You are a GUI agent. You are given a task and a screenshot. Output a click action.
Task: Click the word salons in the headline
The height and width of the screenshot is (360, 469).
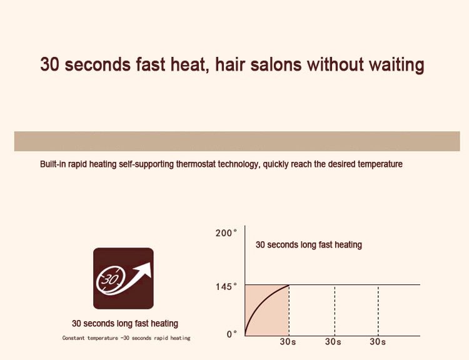coord(276,64)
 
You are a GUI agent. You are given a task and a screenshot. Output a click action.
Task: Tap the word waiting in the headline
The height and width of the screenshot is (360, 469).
coord(396,66)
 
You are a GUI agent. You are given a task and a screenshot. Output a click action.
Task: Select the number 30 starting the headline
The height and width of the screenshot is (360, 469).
coord(49,64)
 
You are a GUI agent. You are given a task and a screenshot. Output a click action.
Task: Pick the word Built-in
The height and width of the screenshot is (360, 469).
coord(53,164)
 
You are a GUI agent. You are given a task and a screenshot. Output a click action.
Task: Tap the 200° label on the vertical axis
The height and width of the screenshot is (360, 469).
coord(226,233)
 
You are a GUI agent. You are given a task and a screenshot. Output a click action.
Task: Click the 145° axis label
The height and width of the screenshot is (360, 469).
coord(226,287)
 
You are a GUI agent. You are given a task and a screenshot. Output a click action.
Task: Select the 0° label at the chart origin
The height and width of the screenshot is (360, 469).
coord(232,334)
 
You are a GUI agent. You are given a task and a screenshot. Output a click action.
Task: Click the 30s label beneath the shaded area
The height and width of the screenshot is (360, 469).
coord(288,341)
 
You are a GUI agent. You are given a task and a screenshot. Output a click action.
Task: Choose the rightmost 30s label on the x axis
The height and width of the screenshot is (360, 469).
coord(378,341)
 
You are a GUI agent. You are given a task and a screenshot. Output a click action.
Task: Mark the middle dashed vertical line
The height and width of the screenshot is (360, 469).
coord(335,311)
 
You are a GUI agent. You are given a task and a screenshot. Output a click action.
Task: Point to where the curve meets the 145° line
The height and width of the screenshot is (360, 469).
coord(290,285)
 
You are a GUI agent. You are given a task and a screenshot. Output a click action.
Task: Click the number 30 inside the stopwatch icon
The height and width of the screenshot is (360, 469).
coord(109,279)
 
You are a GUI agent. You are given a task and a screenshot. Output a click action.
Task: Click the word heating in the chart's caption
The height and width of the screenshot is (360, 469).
coord(348,245)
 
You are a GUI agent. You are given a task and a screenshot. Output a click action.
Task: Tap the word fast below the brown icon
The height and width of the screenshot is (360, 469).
coord(141,324)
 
